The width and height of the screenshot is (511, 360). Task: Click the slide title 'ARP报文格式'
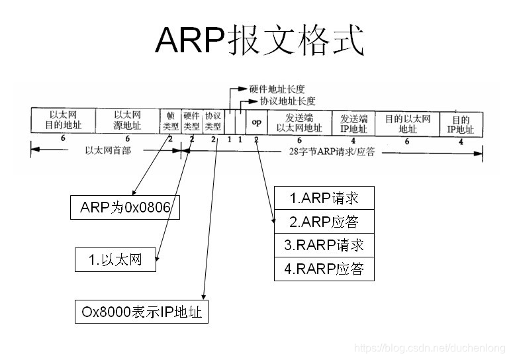259,41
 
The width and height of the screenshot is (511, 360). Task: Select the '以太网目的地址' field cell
63,120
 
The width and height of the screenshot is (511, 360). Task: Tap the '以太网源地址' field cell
127,120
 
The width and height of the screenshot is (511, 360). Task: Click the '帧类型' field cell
170,120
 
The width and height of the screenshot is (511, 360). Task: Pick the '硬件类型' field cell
191,120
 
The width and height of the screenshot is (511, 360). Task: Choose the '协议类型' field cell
213,120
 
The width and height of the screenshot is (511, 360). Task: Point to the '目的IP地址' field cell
461,124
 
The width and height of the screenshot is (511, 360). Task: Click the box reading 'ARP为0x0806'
125,208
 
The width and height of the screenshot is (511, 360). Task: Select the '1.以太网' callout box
116,259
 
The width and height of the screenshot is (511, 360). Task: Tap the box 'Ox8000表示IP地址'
141,312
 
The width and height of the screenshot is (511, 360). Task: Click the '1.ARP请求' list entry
324,198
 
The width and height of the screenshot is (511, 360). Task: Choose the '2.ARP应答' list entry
324,221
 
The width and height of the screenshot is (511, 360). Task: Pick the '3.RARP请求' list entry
324,245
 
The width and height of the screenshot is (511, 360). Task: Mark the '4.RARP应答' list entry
324,269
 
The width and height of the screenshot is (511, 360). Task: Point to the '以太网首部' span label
108,150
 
